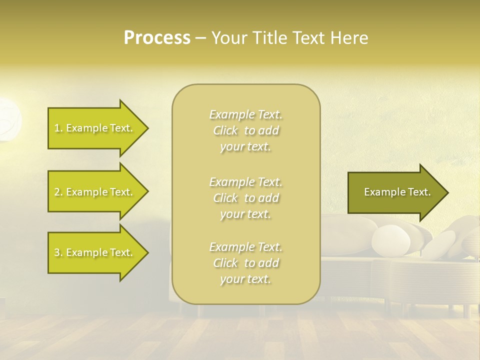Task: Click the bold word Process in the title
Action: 157,37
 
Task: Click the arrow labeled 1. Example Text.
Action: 95,128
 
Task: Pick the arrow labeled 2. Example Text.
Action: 95,192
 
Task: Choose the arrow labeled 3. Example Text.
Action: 95,252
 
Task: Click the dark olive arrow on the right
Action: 395,192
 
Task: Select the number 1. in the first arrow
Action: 58,128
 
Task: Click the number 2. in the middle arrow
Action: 58,192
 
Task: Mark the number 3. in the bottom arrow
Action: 58,252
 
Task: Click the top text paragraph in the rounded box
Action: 245,130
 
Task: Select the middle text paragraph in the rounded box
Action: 245,198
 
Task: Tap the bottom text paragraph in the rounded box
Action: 245,263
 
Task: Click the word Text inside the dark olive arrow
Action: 419,192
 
